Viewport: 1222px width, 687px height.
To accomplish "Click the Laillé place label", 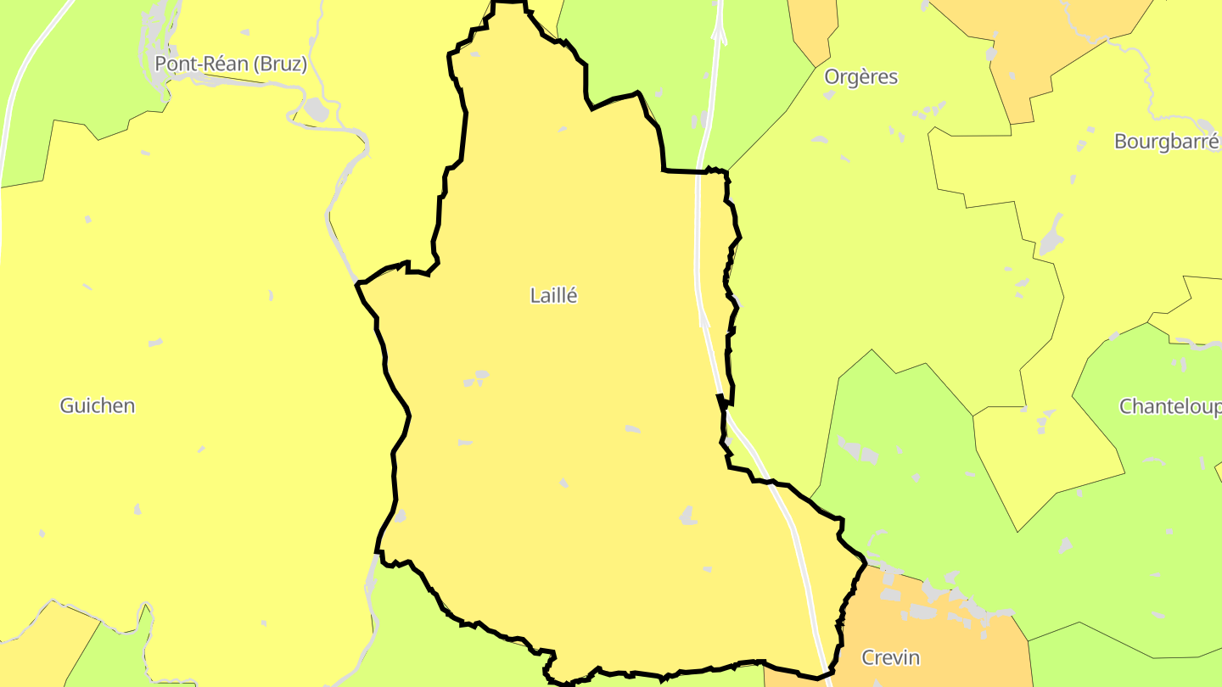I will pos(553,296).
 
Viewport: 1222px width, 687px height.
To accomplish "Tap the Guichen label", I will pos(97,405).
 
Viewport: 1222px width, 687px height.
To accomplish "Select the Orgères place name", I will pos(860,77).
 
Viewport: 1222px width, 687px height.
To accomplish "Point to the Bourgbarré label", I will pos(1166,142).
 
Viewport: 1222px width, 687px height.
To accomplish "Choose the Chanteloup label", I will pos(1169,406).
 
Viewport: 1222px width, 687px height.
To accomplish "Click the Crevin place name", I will pos(890,657).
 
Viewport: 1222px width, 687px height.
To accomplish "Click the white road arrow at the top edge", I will pos(720,33).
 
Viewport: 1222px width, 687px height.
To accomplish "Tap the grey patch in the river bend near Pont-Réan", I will pos(316,109).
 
